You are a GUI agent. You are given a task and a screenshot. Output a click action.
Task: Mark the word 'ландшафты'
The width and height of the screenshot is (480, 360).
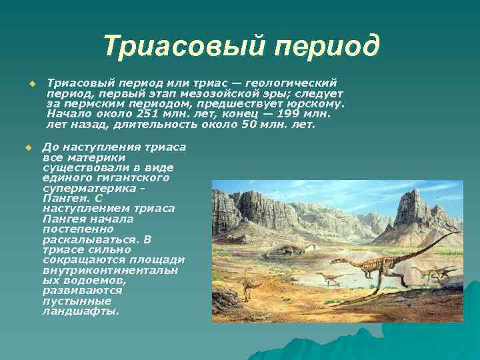[79, 311]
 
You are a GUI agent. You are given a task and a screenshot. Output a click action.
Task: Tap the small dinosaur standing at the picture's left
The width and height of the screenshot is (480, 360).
[249, 284]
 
